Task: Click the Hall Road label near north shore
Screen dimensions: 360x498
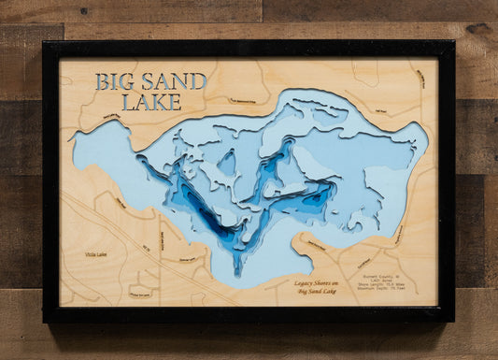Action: point(377,108)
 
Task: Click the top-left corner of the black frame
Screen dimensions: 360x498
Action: point(45,43)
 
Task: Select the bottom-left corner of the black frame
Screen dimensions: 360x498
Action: point(45,320)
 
